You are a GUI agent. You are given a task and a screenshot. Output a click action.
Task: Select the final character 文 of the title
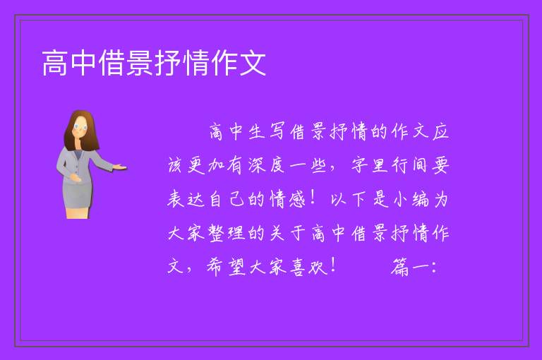(253, 63)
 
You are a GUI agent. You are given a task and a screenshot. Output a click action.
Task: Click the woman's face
(80, 126)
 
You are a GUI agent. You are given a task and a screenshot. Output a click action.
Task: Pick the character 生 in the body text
(256, 132)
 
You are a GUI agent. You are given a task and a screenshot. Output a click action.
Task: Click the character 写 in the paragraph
(277, 132)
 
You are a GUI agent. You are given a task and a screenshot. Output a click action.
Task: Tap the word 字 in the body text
(359, 165)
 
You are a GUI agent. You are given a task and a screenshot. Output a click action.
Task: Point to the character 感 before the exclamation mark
(297, 199)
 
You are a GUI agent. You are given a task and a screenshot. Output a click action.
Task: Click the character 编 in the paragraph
(420, 199)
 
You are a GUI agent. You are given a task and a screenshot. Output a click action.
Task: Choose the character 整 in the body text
(216, 233)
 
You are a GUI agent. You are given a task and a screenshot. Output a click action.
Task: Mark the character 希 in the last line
(216, 267)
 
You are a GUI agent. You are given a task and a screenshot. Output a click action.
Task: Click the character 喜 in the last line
(297, 267)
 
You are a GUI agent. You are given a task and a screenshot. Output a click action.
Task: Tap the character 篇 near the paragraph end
(399, 267)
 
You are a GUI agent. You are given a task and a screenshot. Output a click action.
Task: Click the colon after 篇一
(434, 268)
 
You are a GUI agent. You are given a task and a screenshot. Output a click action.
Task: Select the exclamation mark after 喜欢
(334, 265)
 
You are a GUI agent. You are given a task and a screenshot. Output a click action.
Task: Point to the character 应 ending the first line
(440, 132)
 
